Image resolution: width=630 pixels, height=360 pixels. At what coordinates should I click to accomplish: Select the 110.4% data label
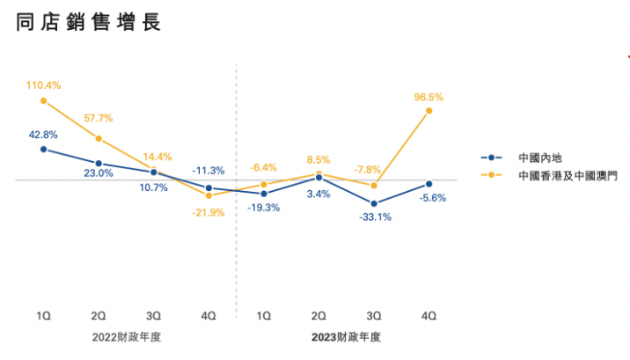[43, 85]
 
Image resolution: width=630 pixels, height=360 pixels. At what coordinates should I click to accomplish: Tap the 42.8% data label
[43, 135]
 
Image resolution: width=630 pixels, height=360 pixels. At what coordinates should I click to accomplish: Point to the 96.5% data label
[429, 97]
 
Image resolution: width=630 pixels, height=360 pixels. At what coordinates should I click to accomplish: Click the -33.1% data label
[375, 217]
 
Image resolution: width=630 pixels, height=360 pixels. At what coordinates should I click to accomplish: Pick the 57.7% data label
[99, 117]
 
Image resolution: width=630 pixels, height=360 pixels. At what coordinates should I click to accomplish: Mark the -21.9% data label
[209, 212]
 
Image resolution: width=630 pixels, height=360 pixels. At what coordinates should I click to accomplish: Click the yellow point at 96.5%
[429, 111]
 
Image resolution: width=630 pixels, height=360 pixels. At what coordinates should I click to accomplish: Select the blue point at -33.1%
[374, 203]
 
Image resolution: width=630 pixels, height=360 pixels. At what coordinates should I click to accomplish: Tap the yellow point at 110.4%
[43, 100]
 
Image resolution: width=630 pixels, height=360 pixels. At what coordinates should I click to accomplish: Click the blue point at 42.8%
[43, 150]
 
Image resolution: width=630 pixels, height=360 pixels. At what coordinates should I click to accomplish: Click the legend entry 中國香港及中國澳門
[568, 176]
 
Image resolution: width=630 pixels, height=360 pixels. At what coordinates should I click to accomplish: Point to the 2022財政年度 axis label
[126, 337]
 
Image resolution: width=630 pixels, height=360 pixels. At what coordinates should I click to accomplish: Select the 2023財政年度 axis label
[347, 337]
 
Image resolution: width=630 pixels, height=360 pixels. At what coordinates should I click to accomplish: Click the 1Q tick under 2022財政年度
[43, 314]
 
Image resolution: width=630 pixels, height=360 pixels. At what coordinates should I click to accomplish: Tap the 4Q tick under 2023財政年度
[429, 314]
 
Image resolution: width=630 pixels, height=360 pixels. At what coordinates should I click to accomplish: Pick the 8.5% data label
[319, 160]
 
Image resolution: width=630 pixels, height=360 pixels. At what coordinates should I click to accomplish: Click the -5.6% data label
[432, 198]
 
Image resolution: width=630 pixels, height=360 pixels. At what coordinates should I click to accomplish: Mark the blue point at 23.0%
[99, 163]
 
